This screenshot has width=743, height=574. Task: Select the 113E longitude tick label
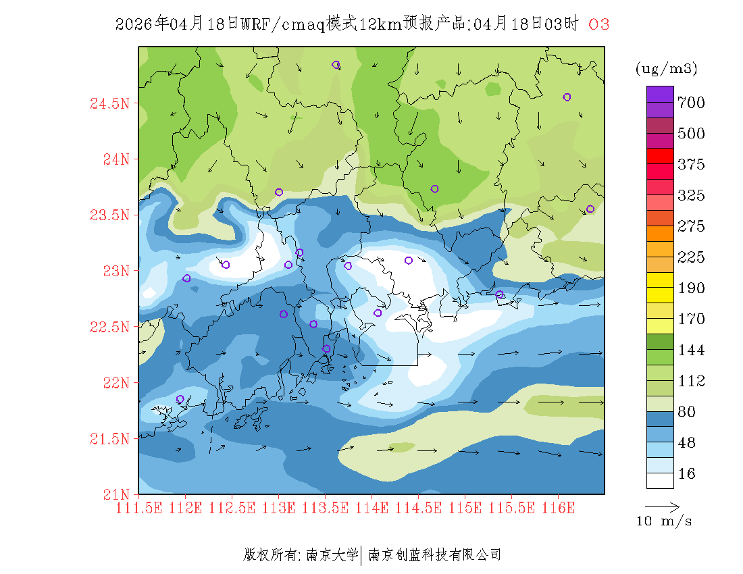(278, 508)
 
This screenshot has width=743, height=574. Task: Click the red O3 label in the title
(599, 24)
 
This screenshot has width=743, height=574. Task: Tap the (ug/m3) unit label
(666, 68)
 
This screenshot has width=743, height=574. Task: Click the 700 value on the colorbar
(692, 103)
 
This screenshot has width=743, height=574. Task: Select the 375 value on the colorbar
(692, 165)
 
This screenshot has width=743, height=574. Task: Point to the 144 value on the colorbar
(692, 350)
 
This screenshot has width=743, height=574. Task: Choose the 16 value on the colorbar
(687, 474)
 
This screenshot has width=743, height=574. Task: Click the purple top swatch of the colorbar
(660, 94)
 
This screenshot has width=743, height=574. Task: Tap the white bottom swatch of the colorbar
(660, 480)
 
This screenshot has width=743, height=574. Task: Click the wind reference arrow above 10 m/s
(662, 506)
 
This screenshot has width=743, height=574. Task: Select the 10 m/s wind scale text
(665, 521)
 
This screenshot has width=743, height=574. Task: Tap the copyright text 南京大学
(332, 555)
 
